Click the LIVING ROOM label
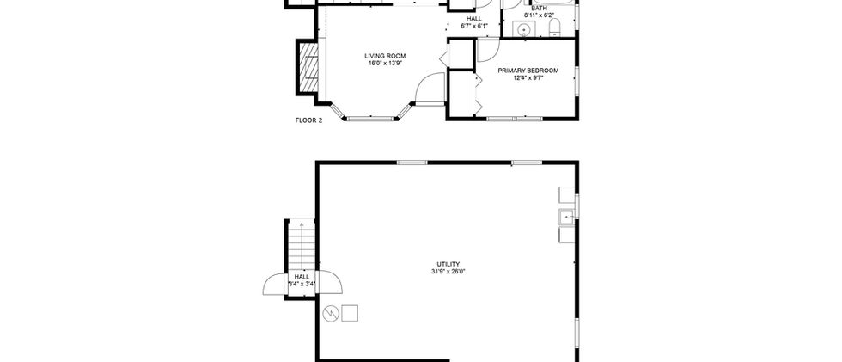pos(385,56)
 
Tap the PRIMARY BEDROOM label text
pos(528,71)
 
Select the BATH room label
pos(540,9)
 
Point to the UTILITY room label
pos(448,264)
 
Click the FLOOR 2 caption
pos(308,120)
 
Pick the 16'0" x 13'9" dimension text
pos(385,63)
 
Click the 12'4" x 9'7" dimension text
pos(528,77)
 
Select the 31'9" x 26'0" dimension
pos(448,271)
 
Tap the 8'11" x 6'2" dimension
pos(540,15)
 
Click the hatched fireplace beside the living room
pos(308,67)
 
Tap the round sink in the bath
pos(524,29)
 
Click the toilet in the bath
pos(555,28)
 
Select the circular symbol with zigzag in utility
pos(330,313)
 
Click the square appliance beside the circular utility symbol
pos(350,313)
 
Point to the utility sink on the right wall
pos(566,217)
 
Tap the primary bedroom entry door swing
pos(488,50)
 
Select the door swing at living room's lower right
pos(430,87)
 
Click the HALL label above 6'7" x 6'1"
pos(473,19)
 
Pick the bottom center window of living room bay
pos(370,117)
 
